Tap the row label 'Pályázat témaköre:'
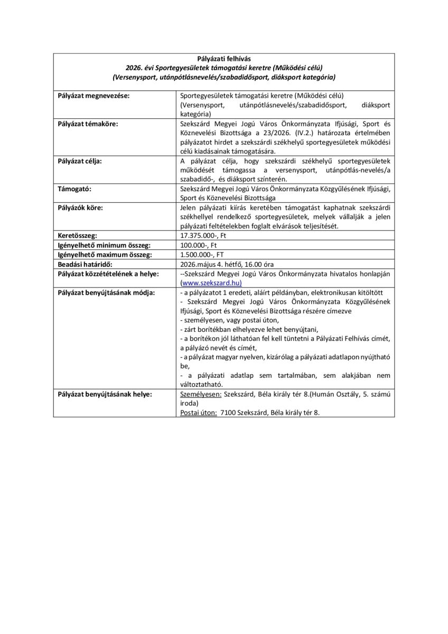click(88, 124)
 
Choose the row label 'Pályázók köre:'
click(80, 208)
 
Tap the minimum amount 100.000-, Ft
click(200, 245)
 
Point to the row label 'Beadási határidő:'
click(85, 264)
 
